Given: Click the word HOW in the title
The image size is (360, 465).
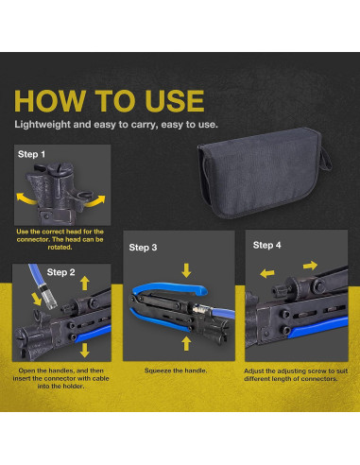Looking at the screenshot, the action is click(x=50, y=101).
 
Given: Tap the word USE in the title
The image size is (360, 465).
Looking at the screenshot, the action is click(x=175, y=101).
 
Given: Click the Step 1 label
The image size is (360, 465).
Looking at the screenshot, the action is click(x=31, y=154).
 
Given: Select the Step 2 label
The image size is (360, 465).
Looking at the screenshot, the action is click(x=60, y=272).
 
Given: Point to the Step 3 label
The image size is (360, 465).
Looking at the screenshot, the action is click(x=143, y=248).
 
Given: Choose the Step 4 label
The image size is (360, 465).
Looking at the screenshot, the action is click(x=267, y=245).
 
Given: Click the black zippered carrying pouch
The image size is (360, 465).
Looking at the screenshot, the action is click(x=264, y=173).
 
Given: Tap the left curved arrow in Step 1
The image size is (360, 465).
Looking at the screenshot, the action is click(x=26, y=198).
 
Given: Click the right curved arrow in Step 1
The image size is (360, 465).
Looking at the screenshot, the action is click(x=96, y=201).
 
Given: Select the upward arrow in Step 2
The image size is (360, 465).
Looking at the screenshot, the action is click(x=85, y=284).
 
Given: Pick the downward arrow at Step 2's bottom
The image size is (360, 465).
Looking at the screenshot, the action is click(x=85, y=350).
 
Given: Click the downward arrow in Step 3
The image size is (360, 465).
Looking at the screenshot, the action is click(x=186, y=270).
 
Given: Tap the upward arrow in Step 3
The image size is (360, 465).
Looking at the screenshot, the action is click(x=186, y=343).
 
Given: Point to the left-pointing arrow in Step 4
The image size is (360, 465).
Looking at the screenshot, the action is click(x=267, y=273).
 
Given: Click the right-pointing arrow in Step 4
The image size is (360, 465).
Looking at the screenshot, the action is click(x=310, y=266).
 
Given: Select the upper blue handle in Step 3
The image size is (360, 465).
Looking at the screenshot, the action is click(x=170, y=288).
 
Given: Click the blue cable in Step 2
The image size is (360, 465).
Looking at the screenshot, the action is click(x=35, y=275).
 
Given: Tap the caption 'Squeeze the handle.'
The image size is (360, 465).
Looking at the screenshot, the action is click(x=176, y=370).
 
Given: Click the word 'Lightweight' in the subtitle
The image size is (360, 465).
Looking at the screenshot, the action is click(x=43, y=125).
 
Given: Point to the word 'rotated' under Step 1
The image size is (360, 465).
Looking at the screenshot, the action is click(x=60, y=248).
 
